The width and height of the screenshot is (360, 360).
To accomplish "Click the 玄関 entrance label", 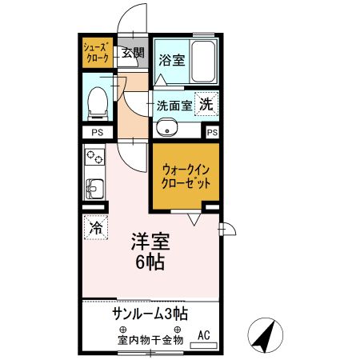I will (134, 54).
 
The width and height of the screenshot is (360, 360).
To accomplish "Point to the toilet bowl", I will (96, 100).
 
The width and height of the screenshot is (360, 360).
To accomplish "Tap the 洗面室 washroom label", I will (174, 105).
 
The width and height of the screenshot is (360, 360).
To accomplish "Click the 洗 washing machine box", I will (206, 104).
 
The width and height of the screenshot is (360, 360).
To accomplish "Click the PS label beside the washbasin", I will (212, 132).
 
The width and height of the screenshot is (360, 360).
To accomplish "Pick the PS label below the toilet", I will (97, 132).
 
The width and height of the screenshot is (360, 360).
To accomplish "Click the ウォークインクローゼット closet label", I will (186, 176).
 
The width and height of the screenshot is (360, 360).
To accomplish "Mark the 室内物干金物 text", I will (150, 339).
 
